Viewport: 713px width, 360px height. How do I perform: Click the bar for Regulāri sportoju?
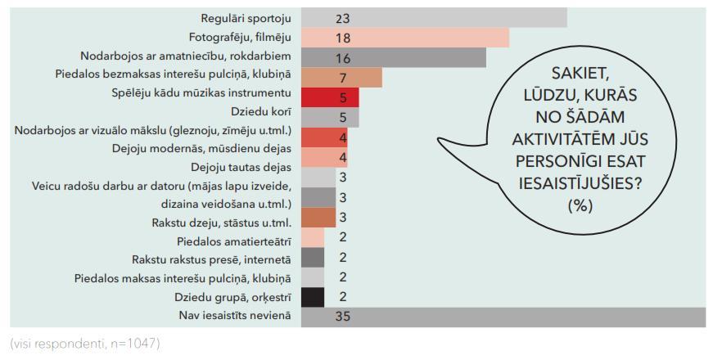[x=434, y=17]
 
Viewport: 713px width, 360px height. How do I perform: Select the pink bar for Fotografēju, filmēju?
[x=405, y=38]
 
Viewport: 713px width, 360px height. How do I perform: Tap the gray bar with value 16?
[x=393, y=57]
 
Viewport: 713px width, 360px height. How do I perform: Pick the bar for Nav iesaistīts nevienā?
[x=503, y=317]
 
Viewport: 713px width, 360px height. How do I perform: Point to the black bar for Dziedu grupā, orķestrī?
[x=313, y=297]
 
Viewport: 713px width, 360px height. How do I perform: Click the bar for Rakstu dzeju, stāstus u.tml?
[x=318, y=218]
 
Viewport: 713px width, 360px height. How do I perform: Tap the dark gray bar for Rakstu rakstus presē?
[x=313, y=257]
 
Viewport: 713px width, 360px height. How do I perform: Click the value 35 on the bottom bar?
[x=342, y=317]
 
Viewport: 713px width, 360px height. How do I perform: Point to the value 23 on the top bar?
[x=342, y=17]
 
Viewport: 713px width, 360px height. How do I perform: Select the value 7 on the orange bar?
[x=343, y=78]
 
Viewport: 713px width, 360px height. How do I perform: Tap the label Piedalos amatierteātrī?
[x=233, y=241]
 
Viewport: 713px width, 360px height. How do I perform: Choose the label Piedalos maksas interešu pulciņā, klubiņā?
[x=182, y=277]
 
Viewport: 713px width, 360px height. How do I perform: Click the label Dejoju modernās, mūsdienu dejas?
[x=201, y=147]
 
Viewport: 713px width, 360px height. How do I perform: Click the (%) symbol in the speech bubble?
[x=580, y=205]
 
